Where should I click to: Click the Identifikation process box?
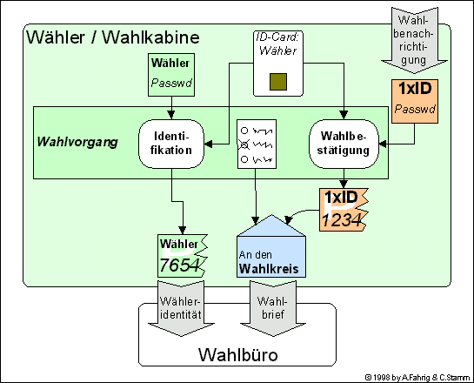point(171,144)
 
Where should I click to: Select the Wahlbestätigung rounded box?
point(344,144)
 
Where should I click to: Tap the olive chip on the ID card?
point(278,82)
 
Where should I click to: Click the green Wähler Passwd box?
point(171,75)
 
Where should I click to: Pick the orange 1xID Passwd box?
point(415,101)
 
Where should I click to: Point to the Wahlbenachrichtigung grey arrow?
point(414,40)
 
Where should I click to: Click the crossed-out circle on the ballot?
point(244,144)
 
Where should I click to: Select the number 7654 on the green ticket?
point(179,265)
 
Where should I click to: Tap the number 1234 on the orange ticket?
point(342,219)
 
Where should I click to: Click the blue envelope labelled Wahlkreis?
point(271,246)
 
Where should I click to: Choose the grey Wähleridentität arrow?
point(181,308)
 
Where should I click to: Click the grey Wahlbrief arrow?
point(273,308)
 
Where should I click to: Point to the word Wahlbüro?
point(238,354)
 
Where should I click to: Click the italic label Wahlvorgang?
point(77,142)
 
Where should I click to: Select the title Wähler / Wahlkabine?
point(113,37)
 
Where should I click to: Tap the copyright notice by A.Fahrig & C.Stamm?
point(417,377)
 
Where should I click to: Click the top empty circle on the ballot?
point(244,131)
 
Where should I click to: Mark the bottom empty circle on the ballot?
point(244,159)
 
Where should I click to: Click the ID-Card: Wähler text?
point(277,44)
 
